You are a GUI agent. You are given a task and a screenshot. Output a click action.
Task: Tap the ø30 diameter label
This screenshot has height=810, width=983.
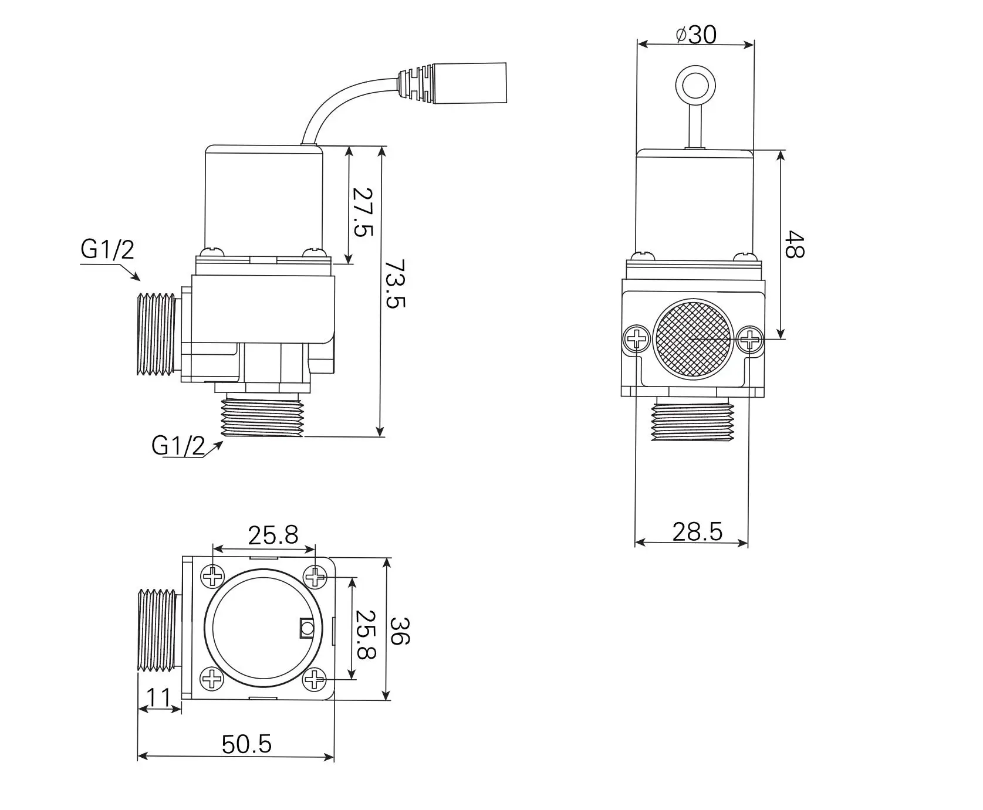(696, 35)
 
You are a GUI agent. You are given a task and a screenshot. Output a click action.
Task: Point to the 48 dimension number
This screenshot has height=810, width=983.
(796, 244)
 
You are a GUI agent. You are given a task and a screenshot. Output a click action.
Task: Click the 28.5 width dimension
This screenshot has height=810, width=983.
(697, 532)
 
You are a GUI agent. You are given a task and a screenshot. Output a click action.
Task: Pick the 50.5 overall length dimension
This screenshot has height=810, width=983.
(246, 744)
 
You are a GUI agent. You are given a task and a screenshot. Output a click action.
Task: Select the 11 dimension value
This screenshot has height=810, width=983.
(158, 698)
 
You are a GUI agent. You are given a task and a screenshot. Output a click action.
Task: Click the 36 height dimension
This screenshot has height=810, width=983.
(398, 631)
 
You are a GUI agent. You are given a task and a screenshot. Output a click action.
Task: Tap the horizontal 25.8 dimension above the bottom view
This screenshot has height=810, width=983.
(273, 535)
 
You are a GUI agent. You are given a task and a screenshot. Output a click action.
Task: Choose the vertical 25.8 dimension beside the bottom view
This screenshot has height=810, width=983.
(366, 634)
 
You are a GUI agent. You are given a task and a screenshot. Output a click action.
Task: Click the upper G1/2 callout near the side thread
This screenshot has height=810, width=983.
(107, 250)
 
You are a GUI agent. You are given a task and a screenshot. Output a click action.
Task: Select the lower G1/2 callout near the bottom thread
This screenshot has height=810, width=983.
(178, 446)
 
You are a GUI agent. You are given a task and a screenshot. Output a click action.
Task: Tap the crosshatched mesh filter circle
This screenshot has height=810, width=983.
(693, 340)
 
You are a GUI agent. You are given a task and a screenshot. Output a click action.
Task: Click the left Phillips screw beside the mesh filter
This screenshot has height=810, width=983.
(636, 338)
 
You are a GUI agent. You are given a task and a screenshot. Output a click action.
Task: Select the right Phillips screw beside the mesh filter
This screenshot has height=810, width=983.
(749, 338)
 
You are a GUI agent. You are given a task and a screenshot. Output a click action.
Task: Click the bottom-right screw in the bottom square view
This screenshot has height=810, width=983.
(315, 680)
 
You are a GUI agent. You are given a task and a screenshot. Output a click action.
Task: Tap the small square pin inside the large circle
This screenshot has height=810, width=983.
(306, 629)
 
